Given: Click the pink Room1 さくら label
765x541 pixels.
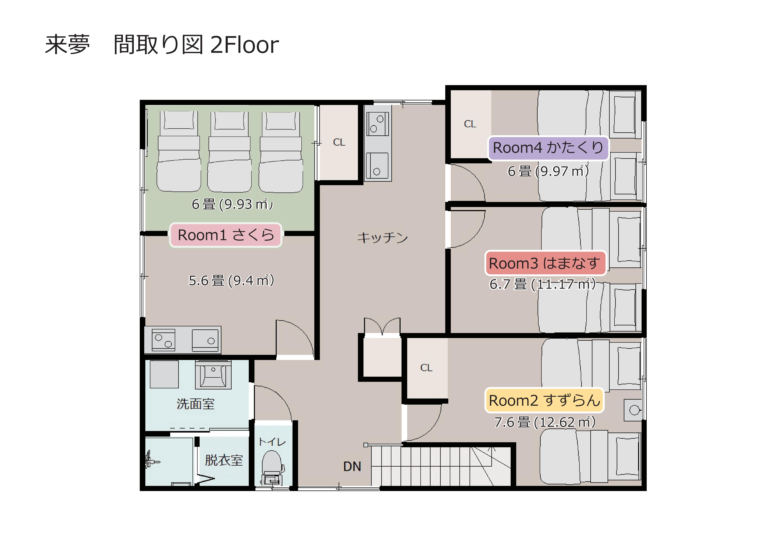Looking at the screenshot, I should [226, 235].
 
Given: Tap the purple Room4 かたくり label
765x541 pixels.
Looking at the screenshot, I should [548, 148].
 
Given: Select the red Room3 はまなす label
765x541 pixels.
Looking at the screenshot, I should [545, 263].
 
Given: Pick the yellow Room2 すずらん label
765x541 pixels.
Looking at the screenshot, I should [544, 400].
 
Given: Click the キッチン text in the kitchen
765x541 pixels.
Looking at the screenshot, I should [382, 237].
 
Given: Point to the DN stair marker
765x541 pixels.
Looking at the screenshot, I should [352, 466].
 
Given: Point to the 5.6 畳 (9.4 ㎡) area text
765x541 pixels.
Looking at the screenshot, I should [231, 281].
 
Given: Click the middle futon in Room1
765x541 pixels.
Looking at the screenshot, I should [230, 152].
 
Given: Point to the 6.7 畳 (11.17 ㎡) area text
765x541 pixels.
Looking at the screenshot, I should [542, 284].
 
